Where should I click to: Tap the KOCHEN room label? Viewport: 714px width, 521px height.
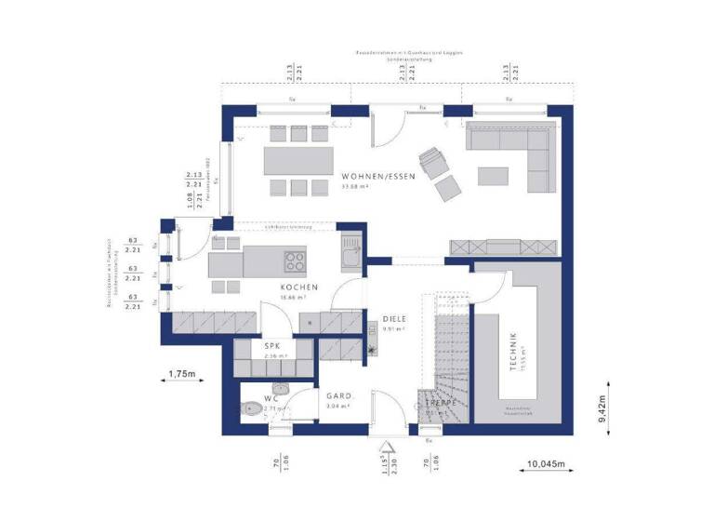[x=299, y=287]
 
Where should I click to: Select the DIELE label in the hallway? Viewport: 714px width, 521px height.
[x=395, y=318]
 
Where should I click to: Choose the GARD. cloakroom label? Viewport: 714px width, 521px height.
[x=337, y=394]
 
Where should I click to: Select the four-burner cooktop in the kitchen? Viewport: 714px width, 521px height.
[x=295, y=260]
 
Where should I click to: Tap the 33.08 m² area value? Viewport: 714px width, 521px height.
[x=356, y=187]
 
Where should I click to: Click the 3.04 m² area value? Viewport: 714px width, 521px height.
[x=337, y=406]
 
